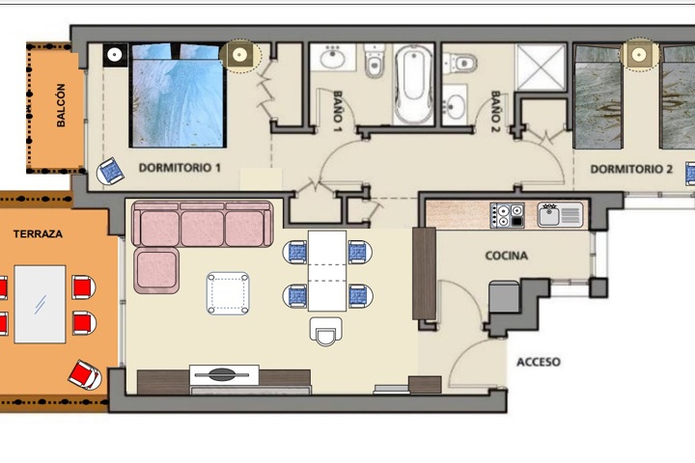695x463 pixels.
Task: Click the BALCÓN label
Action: (x=61, y=105)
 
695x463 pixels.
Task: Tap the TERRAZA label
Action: (x=38, y=234)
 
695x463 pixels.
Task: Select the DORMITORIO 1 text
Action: (x=180, y=168)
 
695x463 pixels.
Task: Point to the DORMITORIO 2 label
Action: (x=631, y=169)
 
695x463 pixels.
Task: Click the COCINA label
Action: (x=507, y=256)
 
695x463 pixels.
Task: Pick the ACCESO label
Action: (x=539, y=362)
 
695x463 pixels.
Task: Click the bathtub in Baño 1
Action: (x=413, y=84)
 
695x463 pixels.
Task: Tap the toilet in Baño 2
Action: (x=460, y=63)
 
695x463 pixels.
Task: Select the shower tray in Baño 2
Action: (x=541, y=67)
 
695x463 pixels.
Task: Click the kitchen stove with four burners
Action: (x=507, y=215)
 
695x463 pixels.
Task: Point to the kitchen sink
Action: (x=560, y=215)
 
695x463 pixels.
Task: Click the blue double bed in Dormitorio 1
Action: (x=178, y=95)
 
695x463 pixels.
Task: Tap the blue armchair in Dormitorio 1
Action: (x=110, y=171)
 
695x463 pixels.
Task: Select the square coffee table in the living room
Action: (x=228, y=294)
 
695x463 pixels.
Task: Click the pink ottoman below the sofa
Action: (x=156, y=270)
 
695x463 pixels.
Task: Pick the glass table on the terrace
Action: (x=40, y=305)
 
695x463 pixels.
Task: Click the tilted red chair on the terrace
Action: (x=85, y=375)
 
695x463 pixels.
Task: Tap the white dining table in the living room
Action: (x=327, y=271)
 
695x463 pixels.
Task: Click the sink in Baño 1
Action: (x=332, y=58)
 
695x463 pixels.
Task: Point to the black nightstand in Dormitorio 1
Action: (x=115, y=55)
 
